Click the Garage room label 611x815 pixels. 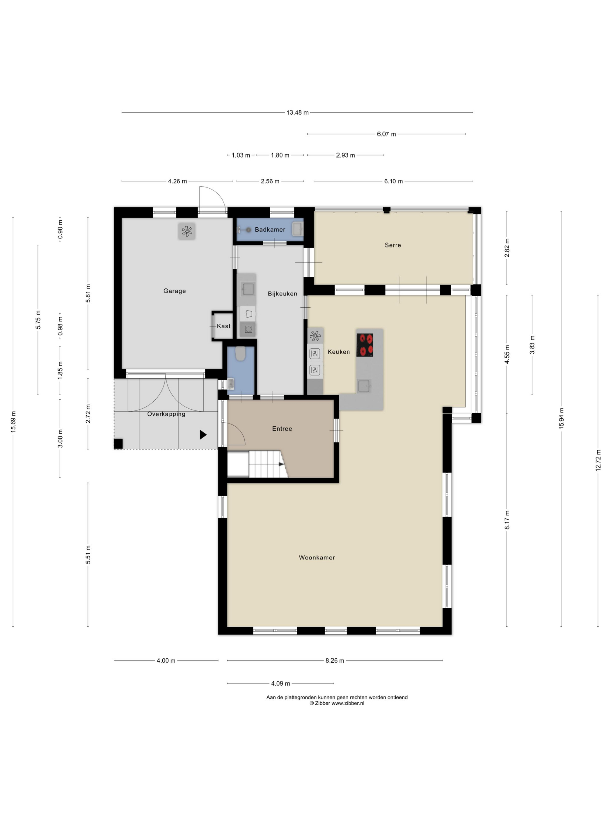pyautogui.click(x=174, y=291)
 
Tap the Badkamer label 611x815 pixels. pyautogui.click(x=270, y=230)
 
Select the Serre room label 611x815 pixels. pyautogui.click(x=392, y=245)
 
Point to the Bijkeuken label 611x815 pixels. pyautogui.click(x=283, y=294)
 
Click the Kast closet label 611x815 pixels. pyautogui.click(x=223, y=326)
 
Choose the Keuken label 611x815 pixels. pyautogui.click(x=338, y=352)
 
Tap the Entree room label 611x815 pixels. pyautogui.click(x=282, y=428)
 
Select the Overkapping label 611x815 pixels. pyautogui.click(x=166, y=414)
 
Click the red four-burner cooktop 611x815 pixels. pyautogui.click(x=365, y=345)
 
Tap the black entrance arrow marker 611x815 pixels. pyautogui.click(x=203, y=435)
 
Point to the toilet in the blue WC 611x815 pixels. pyautogui.click(x=240, y=353)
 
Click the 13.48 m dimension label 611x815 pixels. pyautogui.click(x=298, y=112)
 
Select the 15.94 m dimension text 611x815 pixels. pyautogui.click(x=561, y=418)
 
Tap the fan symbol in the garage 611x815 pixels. pyautogui.click(x=187, y=231)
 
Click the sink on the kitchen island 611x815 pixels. pyautogui.click(x=364, y=387)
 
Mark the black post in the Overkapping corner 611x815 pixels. pyautogui.click(x=118, y=444)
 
